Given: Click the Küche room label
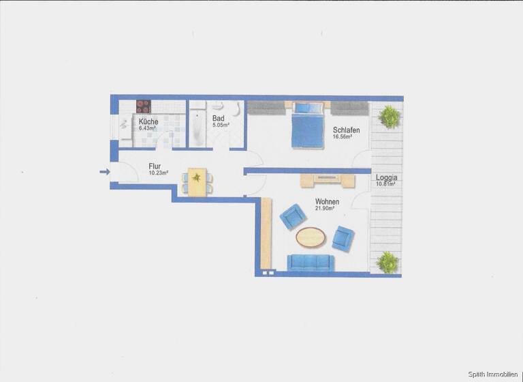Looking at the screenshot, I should click(x=148, y=121).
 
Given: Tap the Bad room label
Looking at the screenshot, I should click(x=218, y=118).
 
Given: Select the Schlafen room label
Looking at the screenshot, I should click(x=346, y=130).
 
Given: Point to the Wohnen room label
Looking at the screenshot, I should click(x=327, y=202).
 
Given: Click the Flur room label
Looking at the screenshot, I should click(x=155, y=165).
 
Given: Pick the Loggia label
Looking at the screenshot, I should click(x=386, y=178).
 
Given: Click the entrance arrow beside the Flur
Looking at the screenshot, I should click(x=104, y=172).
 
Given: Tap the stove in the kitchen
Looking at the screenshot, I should click(x=143, y=106).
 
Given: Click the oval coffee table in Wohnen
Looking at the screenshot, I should click(x=311, y=237).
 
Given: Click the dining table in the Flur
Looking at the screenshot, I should click(x=197, y=181).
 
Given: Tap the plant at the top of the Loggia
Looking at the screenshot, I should click(x=389, y=117).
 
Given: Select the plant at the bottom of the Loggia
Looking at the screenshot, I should click(x=387, y=262).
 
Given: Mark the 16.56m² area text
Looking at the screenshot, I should click(x=343, y=137).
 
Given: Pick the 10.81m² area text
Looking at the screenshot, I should click(x=386, y=185).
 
